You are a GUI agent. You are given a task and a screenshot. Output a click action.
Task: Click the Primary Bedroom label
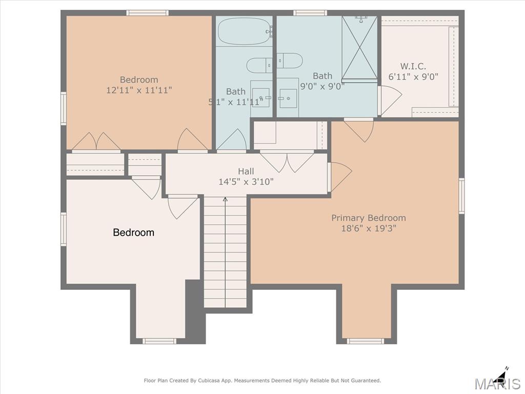pos(368,218)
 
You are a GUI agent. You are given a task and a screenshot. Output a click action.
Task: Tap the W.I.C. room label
pos(413,66)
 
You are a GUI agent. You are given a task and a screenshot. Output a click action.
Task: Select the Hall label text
pos(246,171)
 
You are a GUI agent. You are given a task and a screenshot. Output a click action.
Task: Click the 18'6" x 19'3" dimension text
pos(368,228)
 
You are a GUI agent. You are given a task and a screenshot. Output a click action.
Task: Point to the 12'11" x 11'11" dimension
pos(139,90)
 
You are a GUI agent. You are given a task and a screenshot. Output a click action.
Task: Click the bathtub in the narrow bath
pos(245,31)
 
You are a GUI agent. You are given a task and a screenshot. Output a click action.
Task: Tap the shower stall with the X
pos(359,48)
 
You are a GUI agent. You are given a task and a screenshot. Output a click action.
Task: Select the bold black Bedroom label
pos(134,232)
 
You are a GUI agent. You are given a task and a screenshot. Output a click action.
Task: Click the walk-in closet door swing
pos(390,100)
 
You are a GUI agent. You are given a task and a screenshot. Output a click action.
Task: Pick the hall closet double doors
pos(287,162)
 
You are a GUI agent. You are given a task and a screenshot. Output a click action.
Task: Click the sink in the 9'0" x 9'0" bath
pos(288,98)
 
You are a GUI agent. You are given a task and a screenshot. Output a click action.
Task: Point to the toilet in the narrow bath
pos(259,65)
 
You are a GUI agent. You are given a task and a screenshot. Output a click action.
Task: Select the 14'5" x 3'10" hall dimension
pos(246,182)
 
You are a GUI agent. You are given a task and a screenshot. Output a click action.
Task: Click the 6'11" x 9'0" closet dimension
pos(413,77)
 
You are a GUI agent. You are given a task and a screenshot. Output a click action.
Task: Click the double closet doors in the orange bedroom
pos(96,142)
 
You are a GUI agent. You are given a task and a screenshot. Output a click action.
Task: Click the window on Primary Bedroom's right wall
pos(462,195)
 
